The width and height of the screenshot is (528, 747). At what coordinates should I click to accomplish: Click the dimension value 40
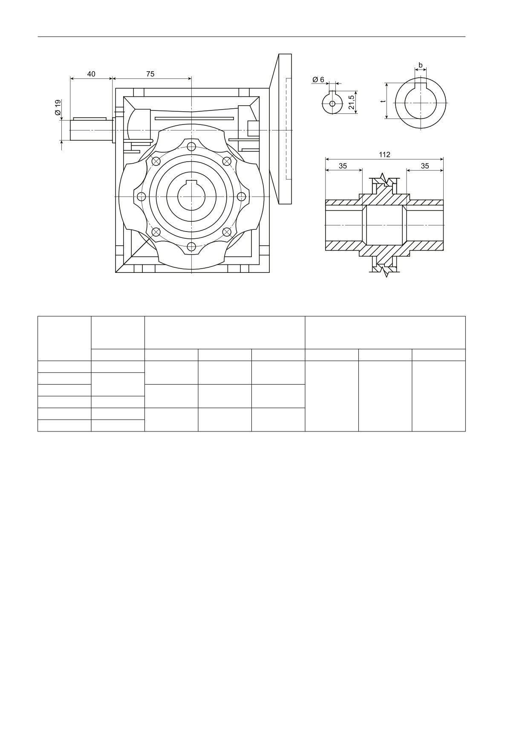click(x=91, y=74)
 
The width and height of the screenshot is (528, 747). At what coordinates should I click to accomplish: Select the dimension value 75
click(x=150, y=74)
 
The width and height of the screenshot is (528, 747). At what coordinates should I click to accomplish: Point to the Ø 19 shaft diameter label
click(x=58, y=109)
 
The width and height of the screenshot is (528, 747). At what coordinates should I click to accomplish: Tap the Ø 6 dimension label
click(x=318, y=80)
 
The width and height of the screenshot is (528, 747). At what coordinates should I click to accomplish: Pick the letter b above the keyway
click(x=421, y=65)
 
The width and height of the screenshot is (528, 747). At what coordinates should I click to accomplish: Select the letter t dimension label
click(x=384, y=101)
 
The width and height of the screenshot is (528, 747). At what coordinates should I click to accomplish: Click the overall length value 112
click(x=384, y=154)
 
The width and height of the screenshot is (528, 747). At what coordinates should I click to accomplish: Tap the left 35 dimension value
click(x=343, y=166)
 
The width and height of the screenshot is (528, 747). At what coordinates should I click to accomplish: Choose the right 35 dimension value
click(x=425, y=166)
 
